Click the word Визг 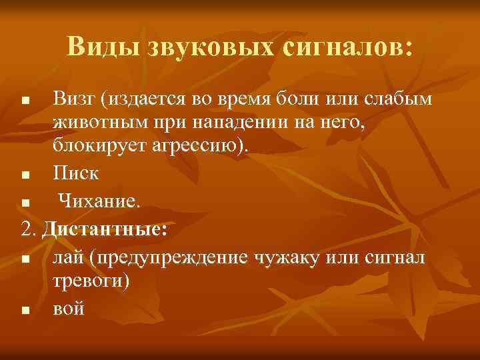[73, 100]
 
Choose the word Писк [75, 174]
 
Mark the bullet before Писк [25, 176]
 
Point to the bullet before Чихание [25, 200]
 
